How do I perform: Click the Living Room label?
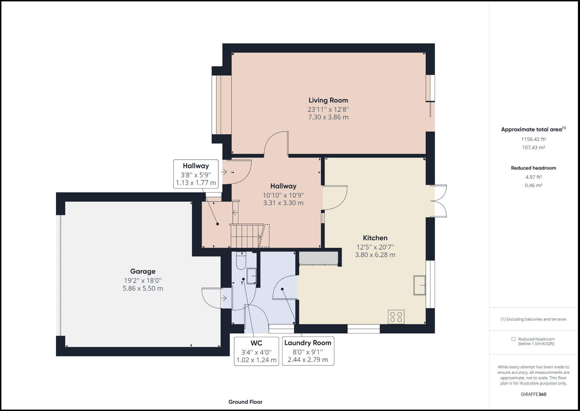click(x=328, y=100)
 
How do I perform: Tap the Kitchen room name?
click(x=375, y=238)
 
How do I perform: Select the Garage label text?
click(x=143, y=271)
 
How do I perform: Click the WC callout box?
click(x=256, y=351)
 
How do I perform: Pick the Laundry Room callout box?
click(x=308, y=351)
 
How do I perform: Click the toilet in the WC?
click(x=241, y=261)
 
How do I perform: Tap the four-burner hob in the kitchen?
click(x=396, y=317)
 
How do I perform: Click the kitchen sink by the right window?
click(x=420, y=285)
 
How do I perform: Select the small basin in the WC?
click(x=251, y=276)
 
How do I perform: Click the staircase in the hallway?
click(x=246, y=236)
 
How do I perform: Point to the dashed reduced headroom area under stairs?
click(x=264, y=236)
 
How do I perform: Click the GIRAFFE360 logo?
click(x=534, y=394)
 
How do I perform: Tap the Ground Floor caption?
click(x=245, y=402)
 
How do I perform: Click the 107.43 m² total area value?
click(x=534, y=148)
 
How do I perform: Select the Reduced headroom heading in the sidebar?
click(x=534, y=168)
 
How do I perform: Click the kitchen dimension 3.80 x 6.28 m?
click(x=375, y=255)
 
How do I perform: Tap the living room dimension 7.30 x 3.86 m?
click(x=328, y=117)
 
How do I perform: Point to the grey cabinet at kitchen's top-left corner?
click(x=318, y=258)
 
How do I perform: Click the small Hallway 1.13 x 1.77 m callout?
click(x=196, y=174)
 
